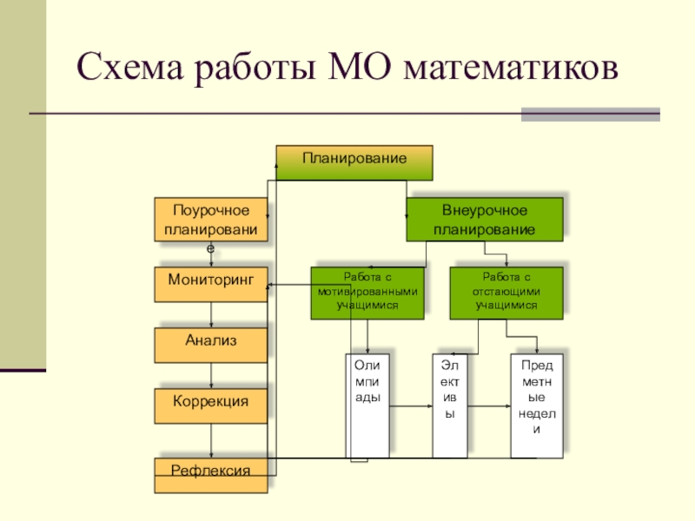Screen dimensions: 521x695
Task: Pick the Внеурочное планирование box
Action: tap(485, 219)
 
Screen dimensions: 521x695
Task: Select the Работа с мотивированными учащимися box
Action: tap(367, 292)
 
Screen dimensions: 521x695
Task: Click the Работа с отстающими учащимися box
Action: tap(506, 292)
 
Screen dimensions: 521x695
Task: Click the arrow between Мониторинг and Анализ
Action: tap(211, 314)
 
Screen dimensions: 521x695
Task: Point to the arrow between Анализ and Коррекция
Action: tap(211, 375)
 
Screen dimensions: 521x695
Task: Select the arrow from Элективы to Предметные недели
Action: tap(488, 405)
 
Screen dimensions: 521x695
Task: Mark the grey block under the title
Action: tap(590, 115)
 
